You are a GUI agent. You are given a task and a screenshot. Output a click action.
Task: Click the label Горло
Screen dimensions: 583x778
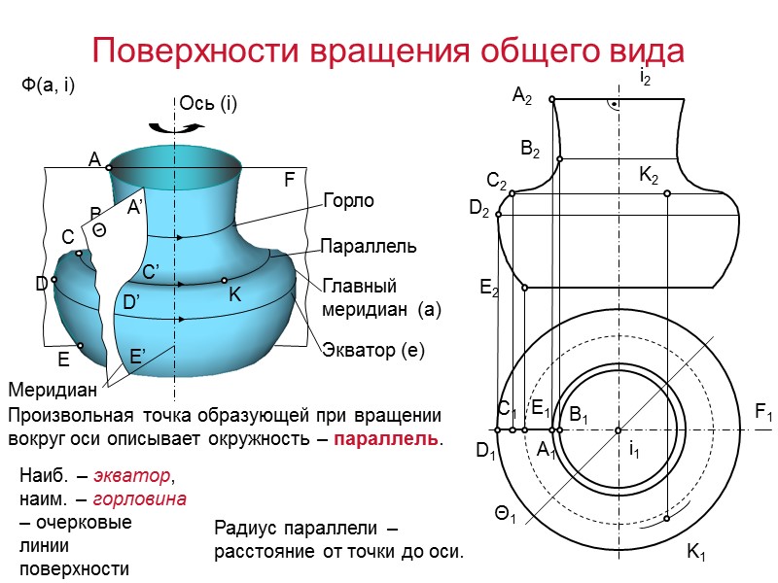pos(348,201)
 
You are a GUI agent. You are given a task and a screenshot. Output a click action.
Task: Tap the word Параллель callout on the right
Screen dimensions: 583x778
pos(369,247)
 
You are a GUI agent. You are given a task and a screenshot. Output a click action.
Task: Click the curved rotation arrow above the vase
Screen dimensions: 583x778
pos(161,125)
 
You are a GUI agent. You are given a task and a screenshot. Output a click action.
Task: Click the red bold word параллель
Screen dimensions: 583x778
pos(386,438)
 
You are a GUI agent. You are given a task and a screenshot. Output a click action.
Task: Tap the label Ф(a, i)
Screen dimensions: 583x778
pos(49,86)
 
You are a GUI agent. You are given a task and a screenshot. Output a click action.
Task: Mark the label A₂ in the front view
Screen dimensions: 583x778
pos(522,95)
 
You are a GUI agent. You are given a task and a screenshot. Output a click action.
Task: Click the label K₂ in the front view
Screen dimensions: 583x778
pos(649,176)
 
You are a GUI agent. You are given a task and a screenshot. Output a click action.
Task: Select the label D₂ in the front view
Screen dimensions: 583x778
pos(479,209)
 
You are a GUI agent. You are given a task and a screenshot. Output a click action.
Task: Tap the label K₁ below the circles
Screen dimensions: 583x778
pos(696,554)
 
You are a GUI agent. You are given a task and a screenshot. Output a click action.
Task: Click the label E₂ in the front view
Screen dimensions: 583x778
pos(488,288)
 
